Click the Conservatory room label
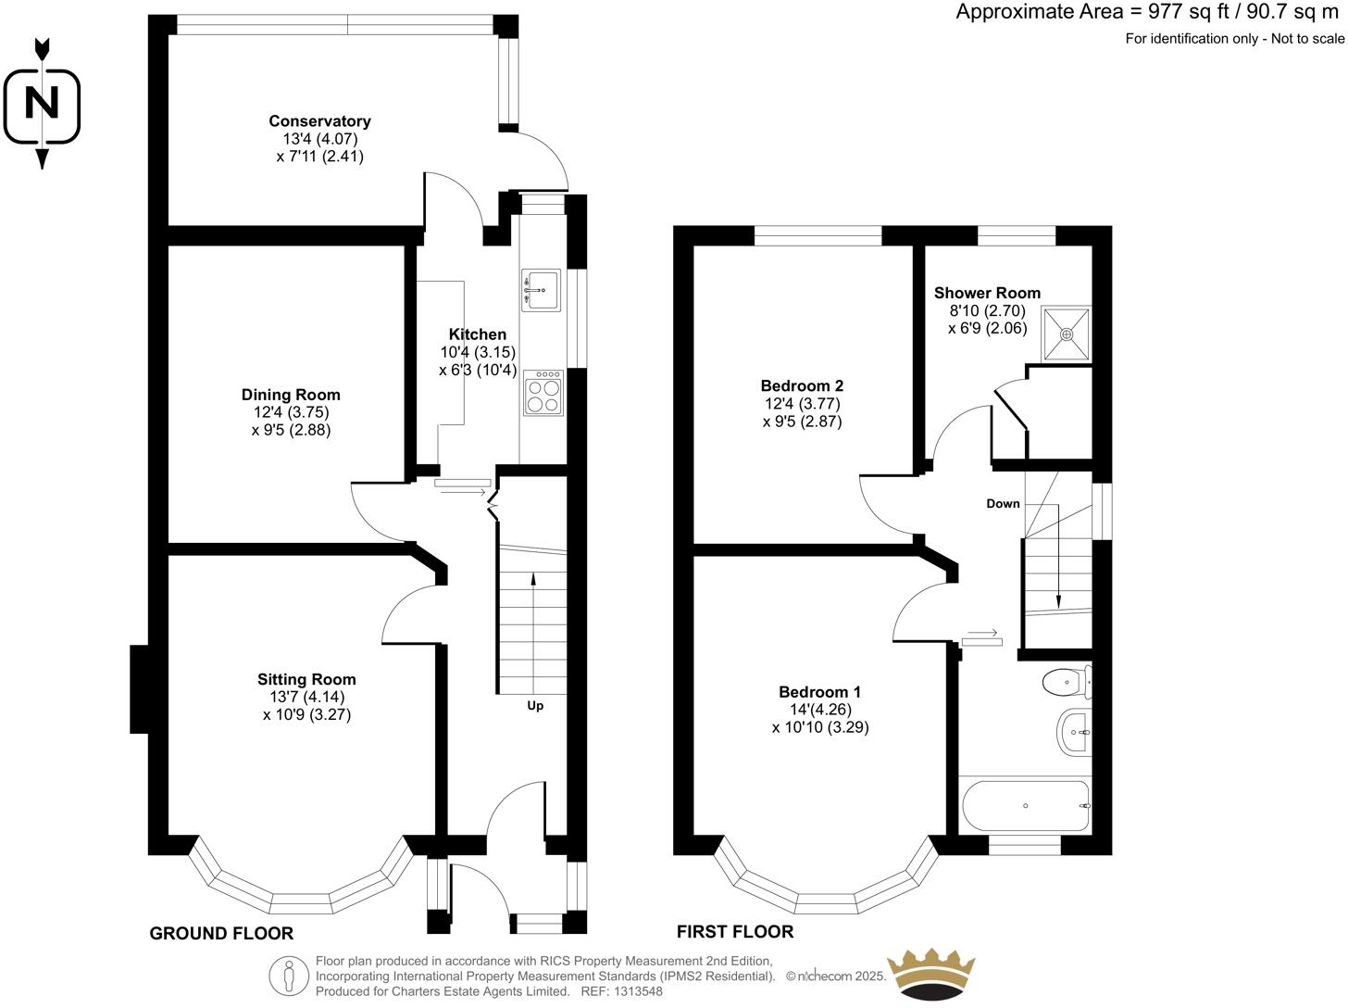pyautogui.click(x=319, y=121)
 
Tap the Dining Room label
pyautogui.click(x=291, y=395)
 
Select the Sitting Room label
pyautogui.click(x=306, y=679)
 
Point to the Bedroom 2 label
pyautogui.click(x=802, y=385)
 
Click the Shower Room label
pyautogui.click(x=988, y=293)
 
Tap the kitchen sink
pyautogui.click(x=541, y=290)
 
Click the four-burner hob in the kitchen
pyautogui.click(x=543, y=393)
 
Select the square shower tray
pyautogui.click(x=1067, y=334)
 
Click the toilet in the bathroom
pyautogui.click(x=1067, y=682)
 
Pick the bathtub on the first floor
pyautogui.click(x=1025, y=806)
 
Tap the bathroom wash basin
pyautogui.click(x=1074, y=732)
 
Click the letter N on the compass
pyautogui.click(x=42, y=103)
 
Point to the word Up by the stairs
pyautogui.click(x=535, y=706)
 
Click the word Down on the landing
pyautogui.click(x=1003, y=504)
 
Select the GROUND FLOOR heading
pyautogui.click(x=221, y=934)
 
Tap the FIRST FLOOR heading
pyautogui.click(x=735, y=932)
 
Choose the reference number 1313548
pyautogui.click(x=638, y=990)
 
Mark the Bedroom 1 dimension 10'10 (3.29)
pyautogui.click(x=820, y=727)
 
